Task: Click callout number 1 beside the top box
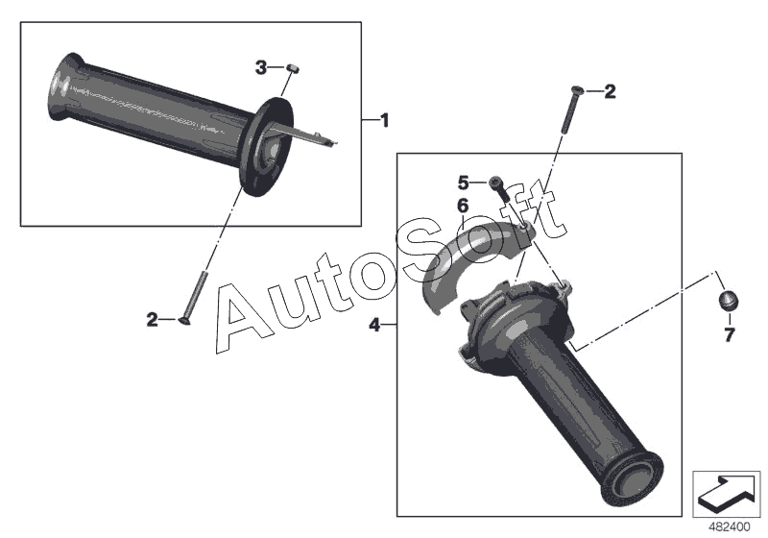click(385, 120)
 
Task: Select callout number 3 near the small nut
click(261, 67)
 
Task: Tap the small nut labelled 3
click(294, 67)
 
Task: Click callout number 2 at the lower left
click(153, 320)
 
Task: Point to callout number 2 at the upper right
click(610, 91)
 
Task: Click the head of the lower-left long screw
click(185, 321)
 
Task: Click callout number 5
click(464, 183)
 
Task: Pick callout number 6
click(463, 207)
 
